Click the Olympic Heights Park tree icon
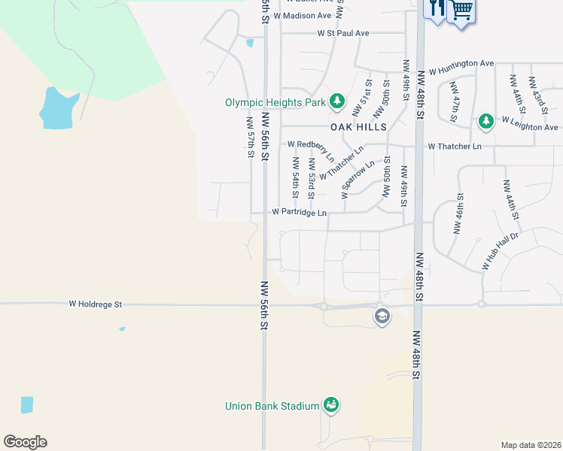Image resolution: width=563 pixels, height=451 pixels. coord(337,101)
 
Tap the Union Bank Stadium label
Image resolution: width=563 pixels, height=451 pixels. coord(272,406)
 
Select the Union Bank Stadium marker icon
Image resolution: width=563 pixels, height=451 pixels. coord(330,405)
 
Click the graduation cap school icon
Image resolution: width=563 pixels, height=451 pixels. coord(382,316)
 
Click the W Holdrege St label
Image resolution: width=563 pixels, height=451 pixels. coord(95,304)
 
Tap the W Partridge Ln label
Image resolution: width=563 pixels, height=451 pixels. coord(299,213)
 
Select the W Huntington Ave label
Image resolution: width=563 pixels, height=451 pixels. coord(461,68)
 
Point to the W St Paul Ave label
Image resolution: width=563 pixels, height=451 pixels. coord(343,33)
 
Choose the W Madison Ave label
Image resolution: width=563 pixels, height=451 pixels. coord(303,15)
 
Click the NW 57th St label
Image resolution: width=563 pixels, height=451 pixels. coord(250,137)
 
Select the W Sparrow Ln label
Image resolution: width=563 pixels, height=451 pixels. coord(358,179)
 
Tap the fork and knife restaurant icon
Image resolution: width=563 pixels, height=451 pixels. coord(436,9)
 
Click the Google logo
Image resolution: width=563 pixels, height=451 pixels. coord(25,442)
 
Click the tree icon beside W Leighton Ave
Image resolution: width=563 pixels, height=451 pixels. coord(486,120)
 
